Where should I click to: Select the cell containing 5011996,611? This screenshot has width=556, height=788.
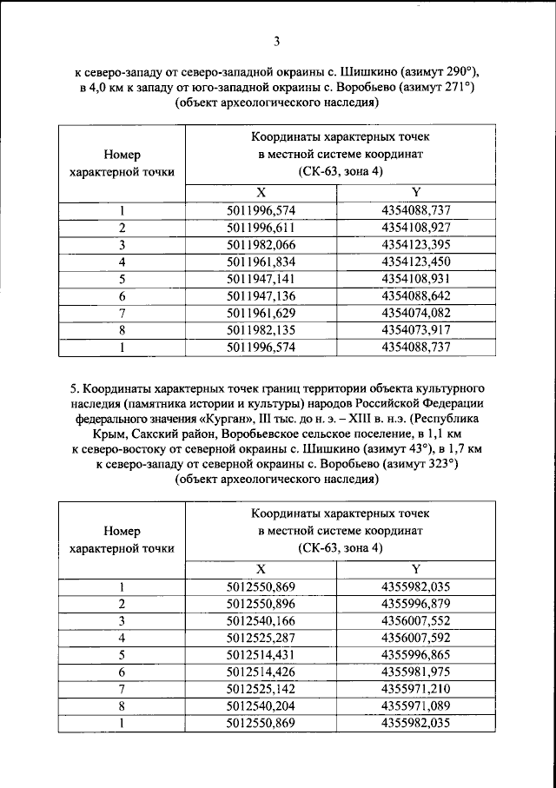(x=261, y=227)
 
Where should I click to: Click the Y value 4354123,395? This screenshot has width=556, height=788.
(x=415, y=244)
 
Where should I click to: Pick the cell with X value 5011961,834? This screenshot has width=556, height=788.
(x=261, y=262)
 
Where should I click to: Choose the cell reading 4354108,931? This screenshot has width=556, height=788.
(x=415, y=279)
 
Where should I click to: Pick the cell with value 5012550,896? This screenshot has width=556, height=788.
(x=261, y=604)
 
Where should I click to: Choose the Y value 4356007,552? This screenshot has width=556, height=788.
(x=415, y=621)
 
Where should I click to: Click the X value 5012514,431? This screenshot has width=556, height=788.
(x=261, y=655)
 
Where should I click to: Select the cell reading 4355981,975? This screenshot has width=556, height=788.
(x=415, y=672)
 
